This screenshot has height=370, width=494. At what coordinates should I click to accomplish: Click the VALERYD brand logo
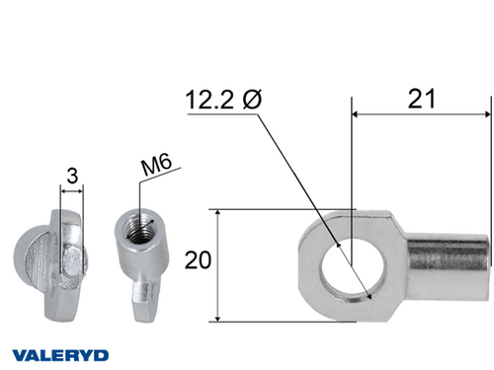tap(60, 353)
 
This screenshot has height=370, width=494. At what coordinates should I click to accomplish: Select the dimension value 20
tap(198, 260)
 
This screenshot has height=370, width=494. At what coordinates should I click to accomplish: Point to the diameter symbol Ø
tap(251, 100)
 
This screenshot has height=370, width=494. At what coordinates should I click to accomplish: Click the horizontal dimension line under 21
tap(420, 113)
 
